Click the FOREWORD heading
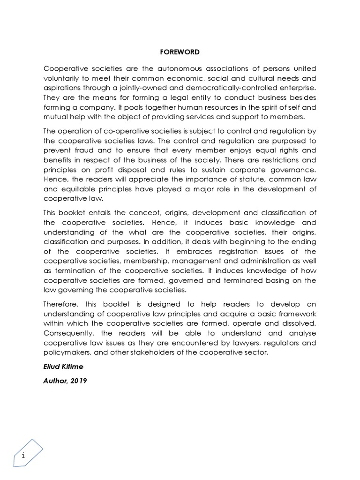point(180,52)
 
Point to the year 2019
point(79,381)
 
